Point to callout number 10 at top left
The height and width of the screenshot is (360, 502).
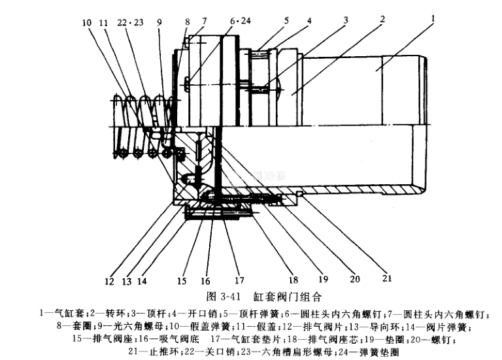(x=86, y=23)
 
